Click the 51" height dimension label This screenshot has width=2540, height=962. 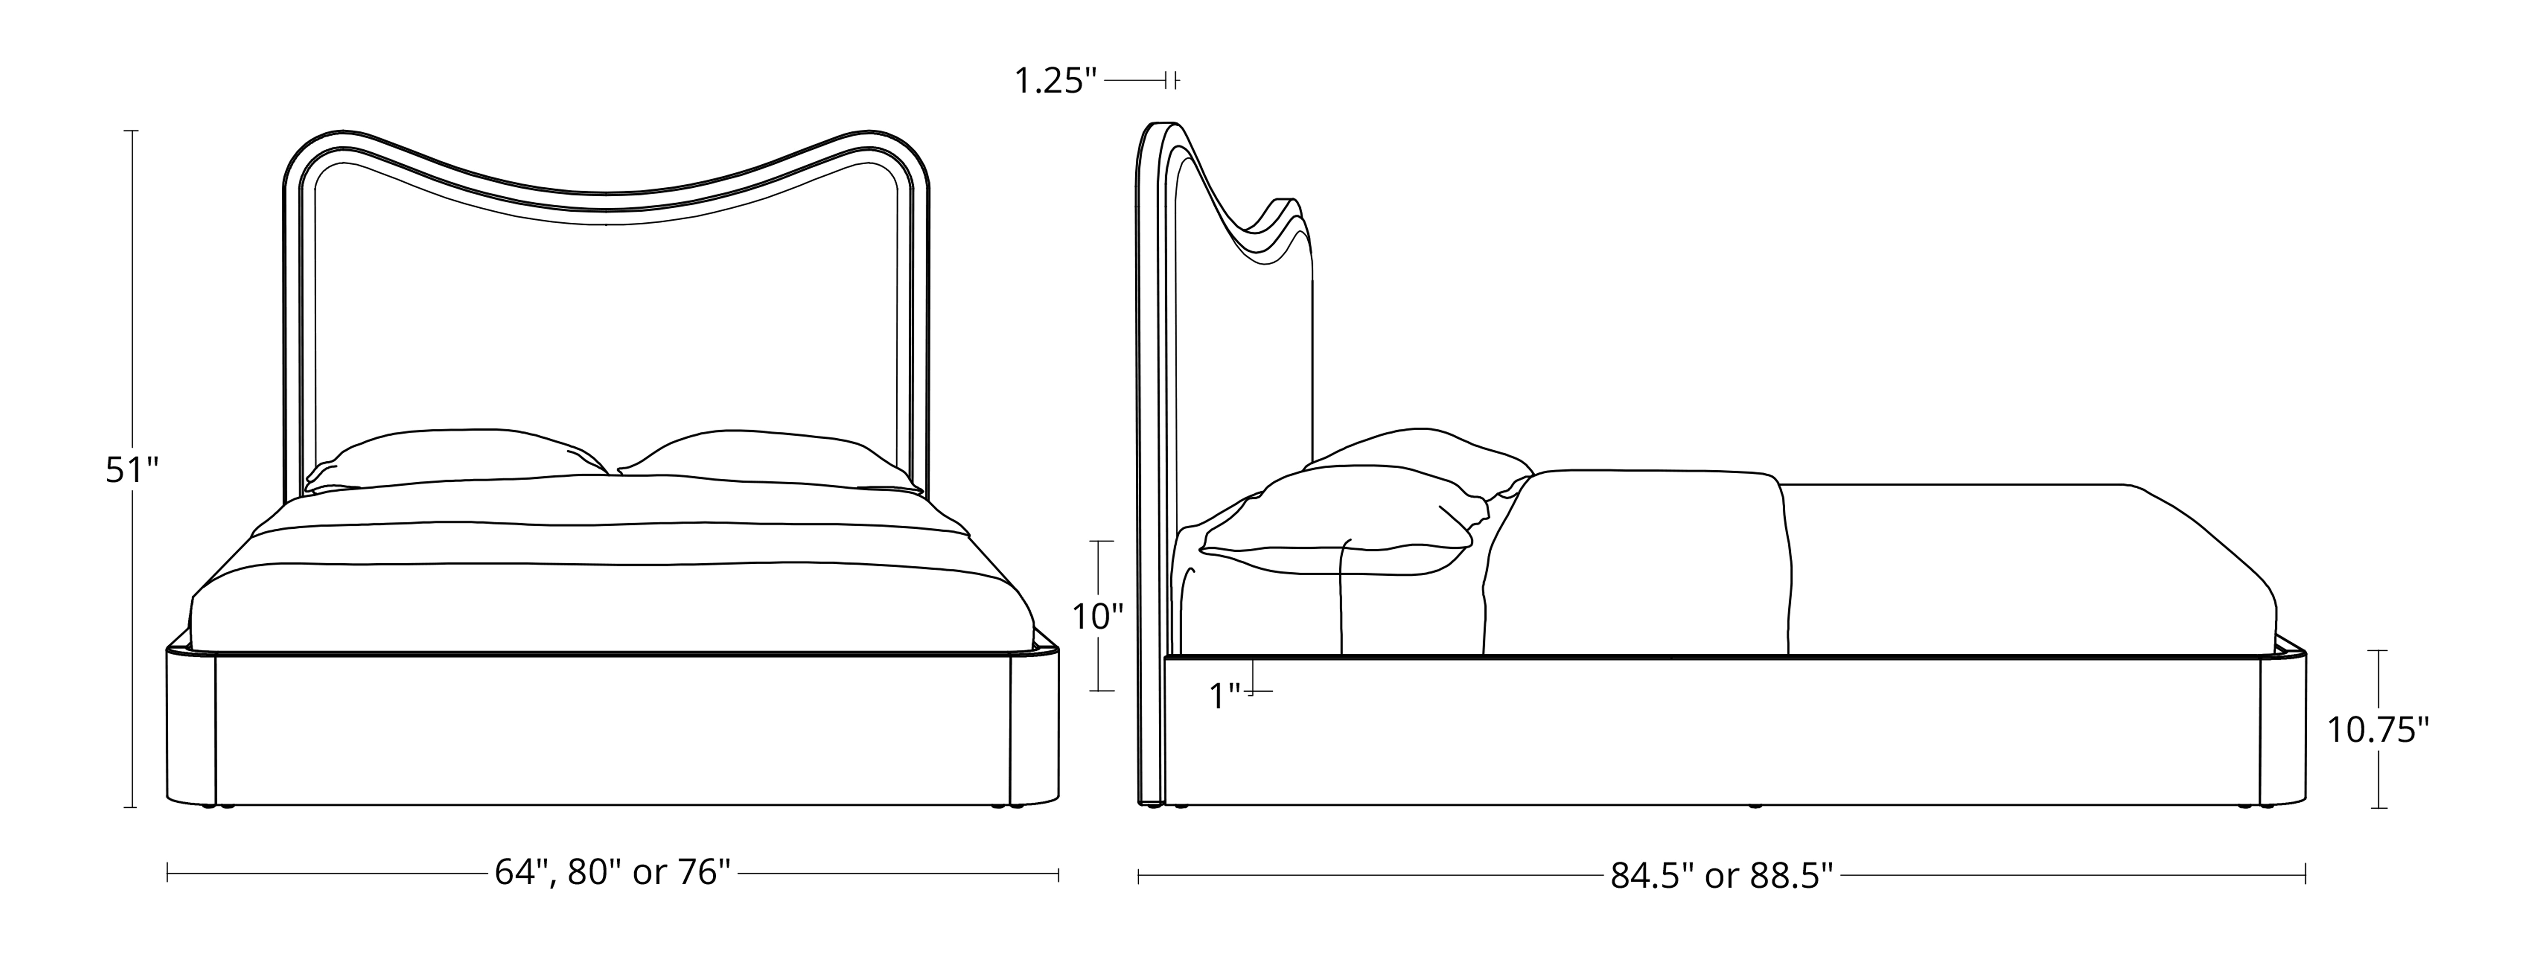pyautogui.click(x=132, y=471)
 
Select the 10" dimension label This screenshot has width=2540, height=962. pyautogui.click(x=1098, y=617)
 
